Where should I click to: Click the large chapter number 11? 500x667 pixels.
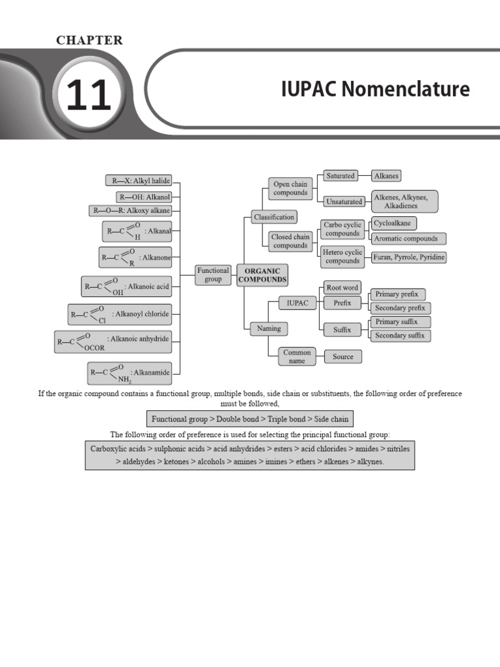(x=88, y=96)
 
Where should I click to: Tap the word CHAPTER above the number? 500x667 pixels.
(x=89, y=40)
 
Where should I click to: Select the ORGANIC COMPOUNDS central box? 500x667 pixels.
(x=262, y=274)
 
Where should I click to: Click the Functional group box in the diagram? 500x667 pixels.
(x=213, y=274)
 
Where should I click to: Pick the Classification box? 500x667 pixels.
(x=274, y=217)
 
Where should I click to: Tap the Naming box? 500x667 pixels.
(x=269, y=329)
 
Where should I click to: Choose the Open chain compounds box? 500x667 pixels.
(x=290, y=188)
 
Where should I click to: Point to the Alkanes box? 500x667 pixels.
(x=386, y=176)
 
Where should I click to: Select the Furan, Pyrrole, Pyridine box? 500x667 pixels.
(x=409, y=257)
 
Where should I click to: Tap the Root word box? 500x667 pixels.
(x=342, y=287)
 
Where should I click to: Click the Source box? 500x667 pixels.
(x=343, y=356)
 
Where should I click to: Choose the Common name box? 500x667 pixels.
(x=297, y=356)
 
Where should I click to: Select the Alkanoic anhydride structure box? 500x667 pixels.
(x=118, y=341)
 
